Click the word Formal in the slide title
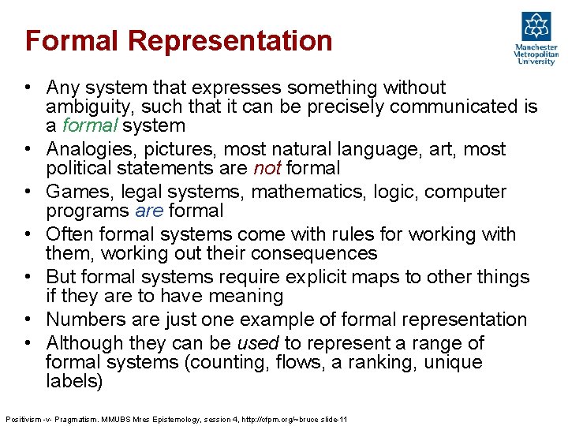click(x=64, y=40)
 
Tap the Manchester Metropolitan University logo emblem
click(x=536, y=27)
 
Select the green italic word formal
click(x=87, y=125)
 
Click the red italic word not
click(x=267, y=168)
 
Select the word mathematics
click(x=301, y=192)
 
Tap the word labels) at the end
click(x=74, y=381)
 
